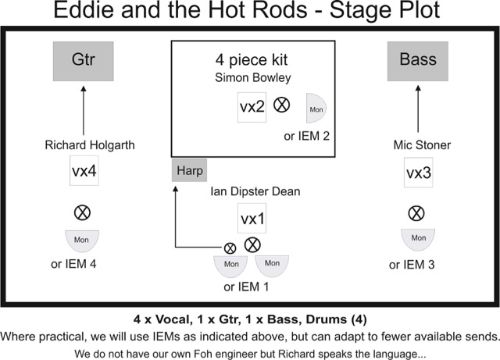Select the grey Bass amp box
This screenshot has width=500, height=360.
(x=418, y=60)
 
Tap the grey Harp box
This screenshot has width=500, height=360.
(x=191, y=169)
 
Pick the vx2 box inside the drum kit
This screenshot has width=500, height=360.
(x=252, y=107)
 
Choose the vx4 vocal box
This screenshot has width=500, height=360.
(x=83, y=173)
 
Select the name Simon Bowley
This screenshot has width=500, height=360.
(x=252, y=78)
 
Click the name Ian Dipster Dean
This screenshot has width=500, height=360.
(x=255, y=192)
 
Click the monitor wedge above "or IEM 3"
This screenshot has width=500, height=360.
(x=418, y=237)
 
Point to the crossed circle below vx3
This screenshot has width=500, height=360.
(x=417, y=211)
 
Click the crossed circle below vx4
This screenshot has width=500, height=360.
(x=80, y=212)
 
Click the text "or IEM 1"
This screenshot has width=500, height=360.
(x=249, y=287)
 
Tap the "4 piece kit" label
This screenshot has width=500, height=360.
(x=252, y=60)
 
